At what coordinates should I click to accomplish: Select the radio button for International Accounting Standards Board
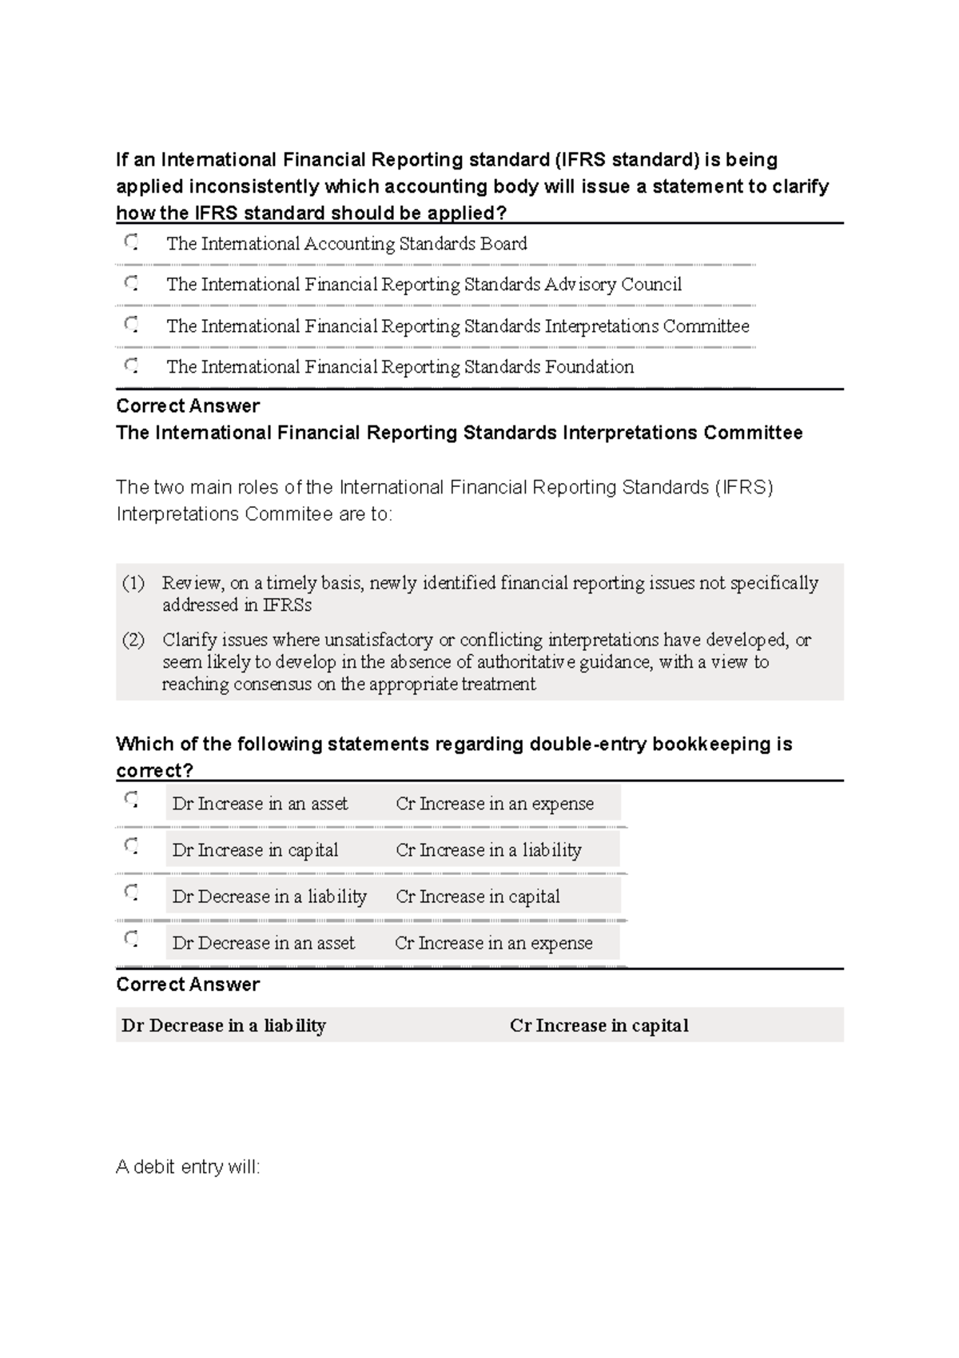tap(131, 242)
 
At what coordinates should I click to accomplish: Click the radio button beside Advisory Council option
tap(131, 282)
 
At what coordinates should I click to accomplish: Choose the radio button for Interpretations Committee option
tap(131, 324)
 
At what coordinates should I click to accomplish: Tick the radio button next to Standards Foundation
tap(131, 365)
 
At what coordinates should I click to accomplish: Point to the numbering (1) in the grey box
tap(133, 583)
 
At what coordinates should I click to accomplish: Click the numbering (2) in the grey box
tap(133, 640)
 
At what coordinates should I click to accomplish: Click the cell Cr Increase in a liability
tap(488, 850)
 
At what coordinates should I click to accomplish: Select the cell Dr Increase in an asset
tap(260, 804)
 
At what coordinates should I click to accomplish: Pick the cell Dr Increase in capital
tap(255, 850)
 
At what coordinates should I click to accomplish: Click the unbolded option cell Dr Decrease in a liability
tap(269, 897)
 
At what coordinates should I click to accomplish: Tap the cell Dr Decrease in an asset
tap(263, 943)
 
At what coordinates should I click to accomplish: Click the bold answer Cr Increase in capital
tap(599, 1025)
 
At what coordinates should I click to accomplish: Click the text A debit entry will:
tap(188, 1167)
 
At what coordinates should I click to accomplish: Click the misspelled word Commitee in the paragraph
tap(288, 513)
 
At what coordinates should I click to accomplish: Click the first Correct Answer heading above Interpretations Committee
tap(188, 406)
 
